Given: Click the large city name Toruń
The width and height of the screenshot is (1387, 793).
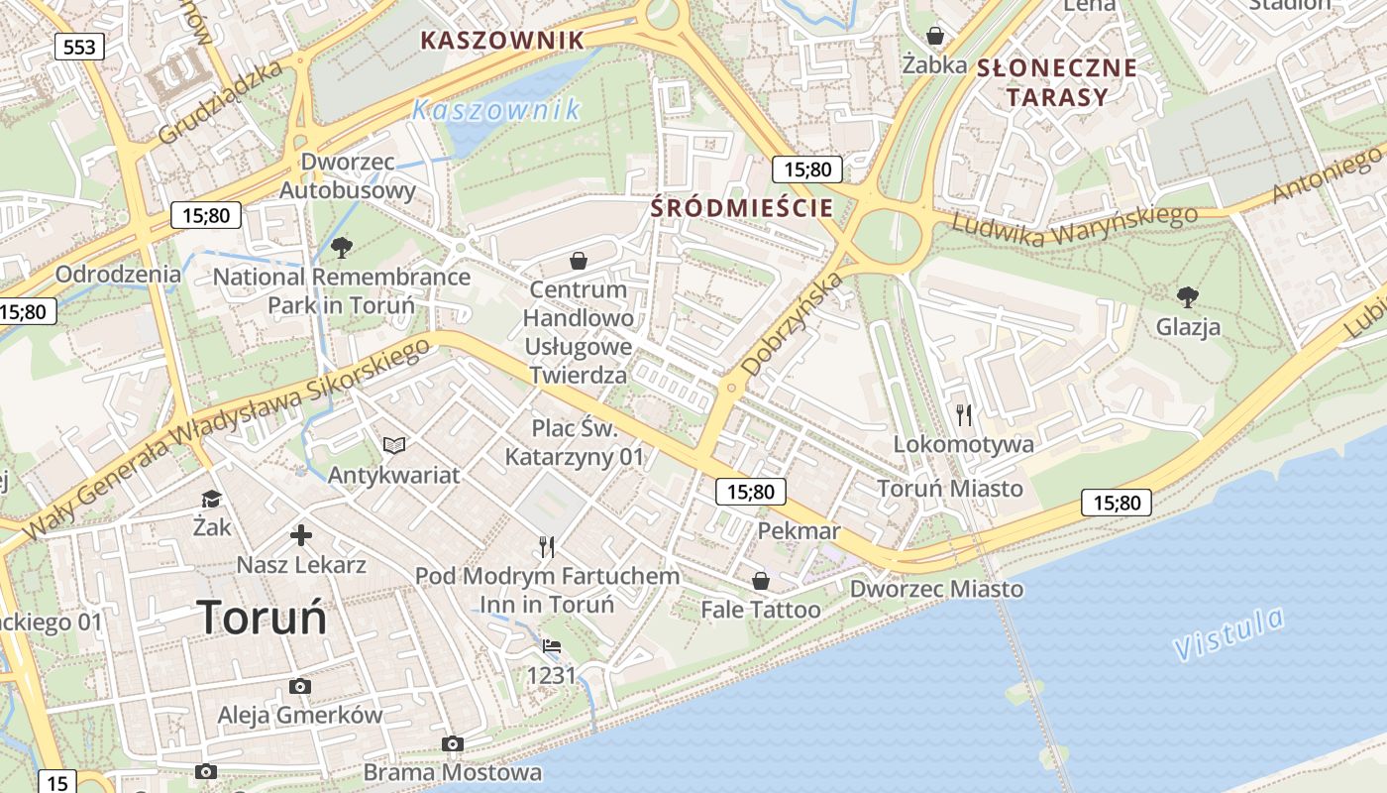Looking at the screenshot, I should point(262,617).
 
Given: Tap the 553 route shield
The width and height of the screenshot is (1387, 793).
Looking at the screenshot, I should point(78,47).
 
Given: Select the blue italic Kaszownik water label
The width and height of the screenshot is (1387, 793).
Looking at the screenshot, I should point(496,109).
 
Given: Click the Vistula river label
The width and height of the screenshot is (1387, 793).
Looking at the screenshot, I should point(1228,634).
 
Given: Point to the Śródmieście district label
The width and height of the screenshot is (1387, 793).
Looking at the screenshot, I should point(742,208).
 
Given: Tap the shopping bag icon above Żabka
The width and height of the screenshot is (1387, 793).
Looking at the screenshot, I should point(934,37).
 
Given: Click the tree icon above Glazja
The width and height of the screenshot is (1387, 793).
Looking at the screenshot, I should point(1187,295).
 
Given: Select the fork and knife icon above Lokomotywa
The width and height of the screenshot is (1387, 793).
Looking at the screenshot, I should point(964,414).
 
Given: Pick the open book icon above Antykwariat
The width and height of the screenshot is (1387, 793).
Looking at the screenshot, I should point(394,446).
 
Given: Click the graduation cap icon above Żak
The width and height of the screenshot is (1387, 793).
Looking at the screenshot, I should point(212,498).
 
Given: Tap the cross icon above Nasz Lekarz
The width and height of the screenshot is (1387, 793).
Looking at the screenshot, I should point(301,536).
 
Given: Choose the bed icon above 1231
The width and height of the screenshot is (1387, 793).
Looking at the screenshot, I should point(552,646).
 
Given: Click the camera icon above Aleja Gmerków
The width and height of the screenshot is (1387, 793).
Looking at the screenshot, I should point(299,686).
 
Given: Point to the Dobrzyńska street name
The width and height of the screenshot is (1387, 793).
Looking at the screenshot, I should point(793,323).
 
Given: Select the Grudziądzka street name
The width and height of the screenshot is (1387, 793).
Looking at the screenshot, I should point(220,100).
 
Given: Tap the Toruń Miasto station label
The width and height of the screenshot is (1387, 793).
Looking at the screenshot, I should point(950,488).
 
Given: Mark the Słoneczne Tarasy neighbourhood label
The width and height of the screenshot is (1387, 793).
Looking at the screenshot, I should point(1056,82).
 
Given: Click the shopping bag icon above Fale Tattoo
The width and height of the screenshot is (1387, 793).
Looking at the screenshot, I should point(760,580).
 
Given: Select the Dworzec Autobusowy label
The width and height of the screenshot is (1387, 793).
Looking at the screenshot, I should point(348,175).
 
